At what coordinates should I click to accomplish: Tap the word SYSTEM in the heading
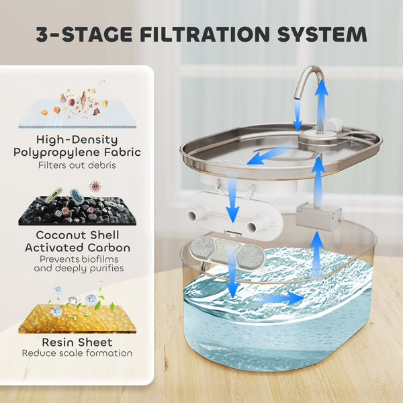click(x=324, y=34)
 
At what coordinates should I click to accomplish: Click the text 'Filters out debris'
click(x=77, y=165)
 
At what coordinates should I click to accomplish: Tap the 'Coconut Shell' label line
click(x=77, y=236)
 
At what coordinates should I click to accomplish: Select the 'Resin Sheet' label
click(x=77, y=342)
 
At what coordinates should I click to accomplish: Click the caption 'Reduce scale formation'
click(x=77, y=353)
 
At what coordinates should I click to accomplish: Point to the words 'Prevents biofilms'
click(x=77, y=259)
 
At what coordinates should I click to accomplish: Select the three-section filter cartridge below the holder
click(x=224, y=251)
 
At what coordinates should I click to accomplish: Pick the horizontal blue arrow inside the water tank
click(x=279, y=298)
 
